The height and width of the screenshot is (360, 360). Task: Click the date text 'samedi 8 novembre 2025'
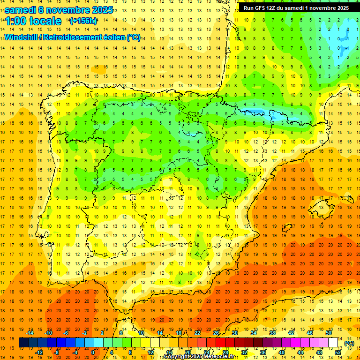click(59, 10)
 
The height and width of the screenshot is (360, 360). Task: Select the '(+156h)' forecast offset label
click(83, 21)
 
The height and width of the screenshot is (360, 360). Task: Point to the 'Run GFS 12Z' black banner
click(296, 8)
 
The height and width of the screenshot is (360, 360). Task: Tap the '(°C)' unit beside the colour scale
click(349, 343)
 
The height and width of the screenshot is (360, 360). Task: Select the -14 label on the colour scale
click(30, 333)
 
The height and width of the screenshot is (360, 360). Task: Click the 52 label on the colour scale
click(338, 352)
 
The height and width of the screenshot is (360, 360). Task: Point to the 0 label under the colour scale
click(93, 352)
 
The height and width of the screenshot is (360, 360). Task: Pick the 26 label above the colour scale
click(216, 333)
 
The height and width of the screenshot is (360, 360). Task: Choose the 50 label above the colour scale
click(328, 333)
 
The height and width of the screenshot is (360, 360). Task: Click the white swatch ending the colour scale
click(333, 343)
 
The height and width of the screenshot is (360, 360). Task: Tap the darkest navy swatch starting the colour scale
click(23, 343)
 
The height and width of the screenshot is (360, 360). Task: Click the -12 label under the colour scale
click(39, 352)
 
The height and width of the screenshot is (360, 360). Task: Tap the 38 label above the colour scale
click(272, 333)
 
